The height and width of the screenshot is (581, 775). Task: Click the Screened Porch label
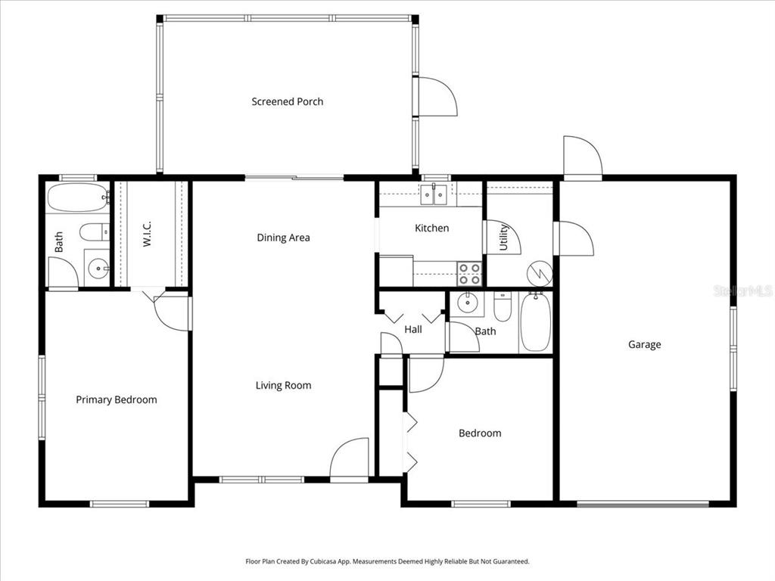[x=287, y=101]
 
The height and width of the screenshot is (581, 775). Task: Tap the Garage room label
[x=644, y=344]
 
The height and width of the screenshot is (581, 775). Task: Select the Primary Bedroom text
[x=116, y=399]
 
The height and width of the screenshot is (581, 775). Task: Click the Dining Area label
[x=283, y=238]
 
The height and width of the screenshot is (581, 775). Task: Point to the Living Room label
[x=283, y=385]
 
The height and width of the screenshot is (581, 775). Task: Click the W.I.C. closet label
[x=148, y=233]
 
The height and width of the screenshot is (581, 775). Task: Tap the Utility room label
[x=504, y=238]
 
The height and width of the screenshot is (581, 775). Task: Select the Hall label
[x=413, y=329]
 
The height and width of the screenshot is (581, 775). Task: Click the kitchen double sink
[x=434, y=194]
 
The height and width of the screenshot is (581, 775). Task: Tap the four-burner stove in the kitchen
[x=469, y=273]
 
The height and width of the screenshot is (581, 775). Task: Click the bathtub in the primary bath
[x=78, y=198]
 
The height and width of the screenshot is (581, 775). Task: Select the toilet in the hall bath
[x=503, y=306]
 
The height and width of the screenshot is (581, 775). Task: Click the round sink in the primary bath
[x=97, y=268]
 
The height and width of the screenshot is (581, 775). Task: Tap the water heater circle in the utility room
[x=540, y=273]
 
